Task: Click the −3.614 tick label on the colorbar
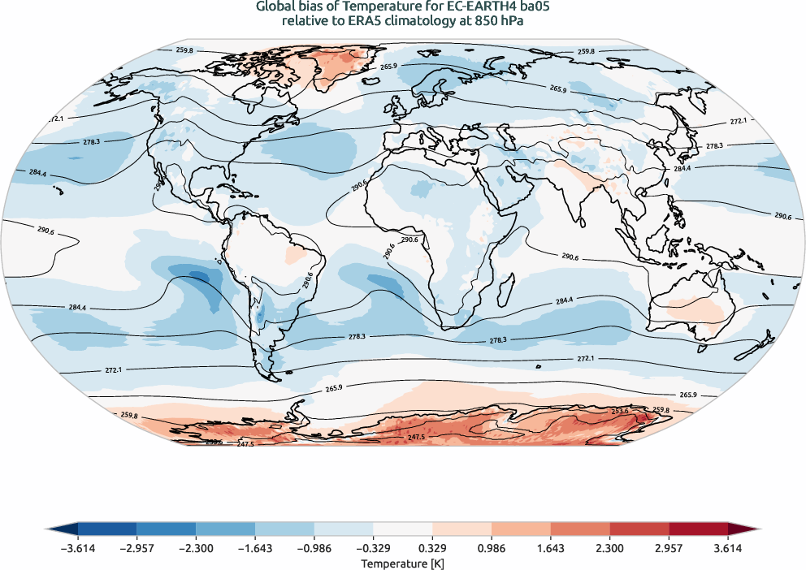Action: point(78,549)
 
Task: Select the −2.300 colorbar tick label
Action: point(196,549)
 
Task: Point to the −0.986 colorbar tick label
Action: point(314,549)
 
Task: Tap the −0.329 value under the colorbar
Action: point(373,549)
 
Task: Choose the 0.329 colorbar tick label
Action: point(432,549)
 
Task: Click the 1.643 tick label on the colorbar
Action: point(551,549)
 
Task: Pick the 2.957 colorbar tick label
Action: point(669,549)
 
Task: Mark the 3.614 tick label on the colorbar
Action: point(728,549)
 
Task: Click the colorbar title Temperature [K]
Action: point(403,563)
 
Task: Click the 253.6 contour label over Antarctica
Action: point(621,411)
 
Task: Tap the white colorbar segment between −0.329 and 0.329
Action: point(403,529)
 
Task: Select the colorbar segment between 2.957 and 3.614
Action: point(698,529)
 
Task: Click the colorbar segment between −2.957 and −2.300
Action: point(167,529)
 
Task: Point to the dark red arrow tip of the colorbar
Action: point(743,529)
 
